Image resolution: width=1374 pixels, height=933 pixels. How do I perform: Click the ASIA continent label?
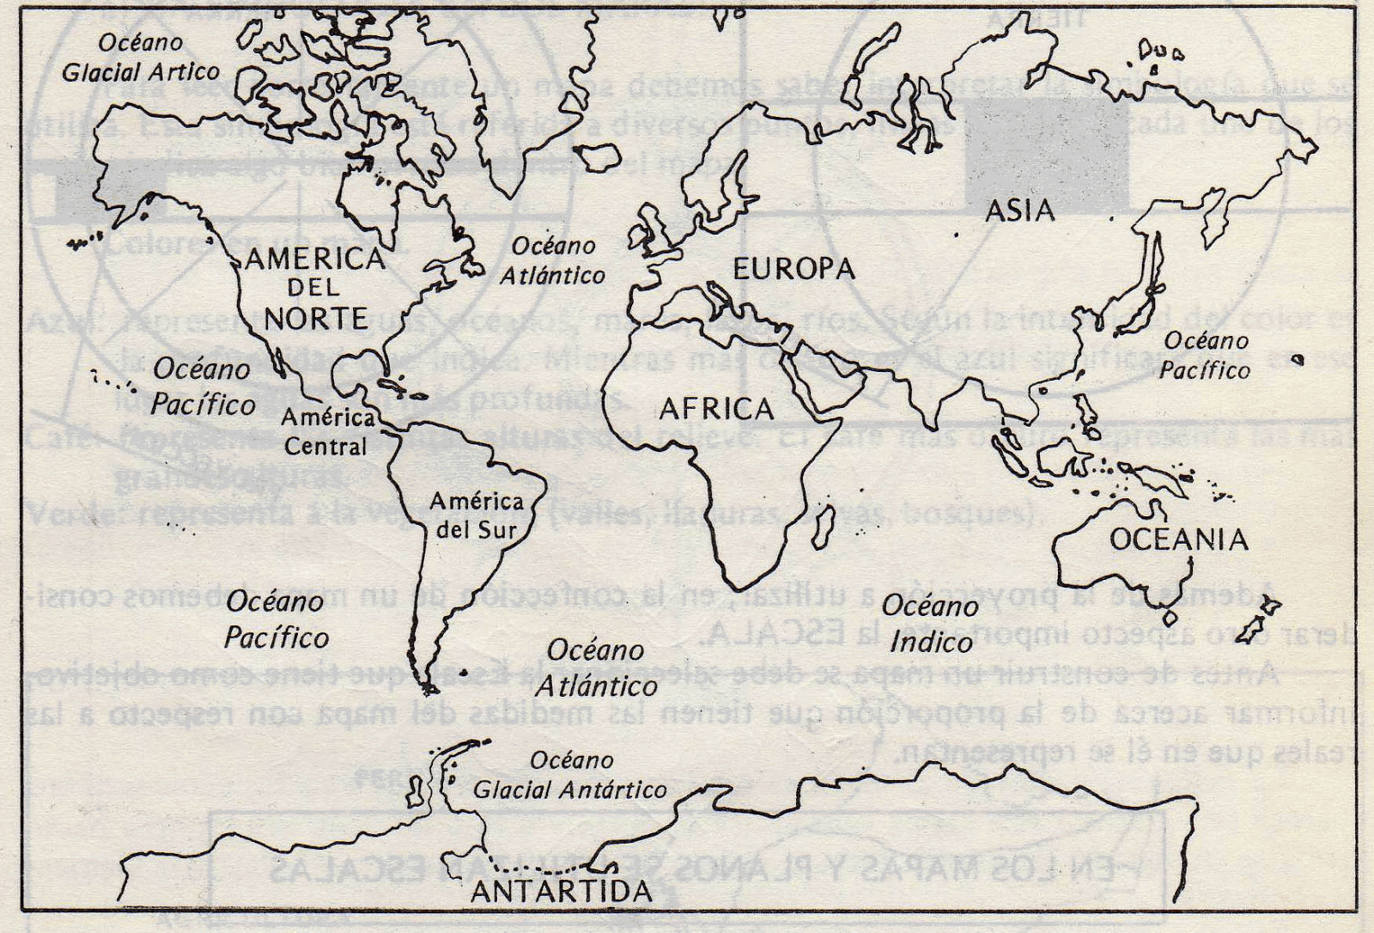1019,210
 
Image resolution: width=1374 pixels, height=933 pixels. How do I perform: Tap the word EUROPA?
793,269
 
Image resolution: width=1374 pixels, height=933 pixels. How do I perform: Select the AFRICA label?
716,410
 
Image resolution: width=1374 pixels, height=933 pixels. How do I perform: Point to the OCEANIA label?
1178,540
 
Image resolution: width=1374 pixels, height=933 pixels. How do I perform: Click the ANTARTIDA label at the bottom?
562,891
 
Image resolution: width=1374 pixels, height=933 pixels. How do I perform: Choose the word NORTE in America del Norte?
315,319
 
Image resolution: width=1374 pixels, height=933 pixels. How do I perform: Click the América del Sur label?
477,515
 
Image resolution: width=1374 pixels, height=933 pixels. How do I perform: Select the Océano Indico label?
930,624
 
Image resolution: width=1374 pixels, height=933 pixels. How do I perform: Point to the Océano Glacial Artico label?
140,57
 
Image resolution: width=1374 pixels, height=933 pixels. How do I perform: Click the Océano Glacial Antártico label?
570,775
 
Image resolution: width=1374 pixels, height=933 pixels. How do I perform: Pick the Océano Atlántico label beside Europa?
553,260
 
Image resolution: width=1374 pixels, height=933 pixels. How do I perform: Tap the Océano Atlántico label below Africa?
596,668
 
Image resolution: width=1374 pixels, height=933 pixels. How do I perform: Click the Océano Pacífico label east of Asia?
1205,356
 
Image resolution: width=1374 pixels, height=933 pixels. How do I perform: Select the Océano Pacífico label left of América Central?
203,387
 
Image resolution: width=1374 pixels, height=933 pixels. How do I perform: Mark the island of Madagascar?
822,524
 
